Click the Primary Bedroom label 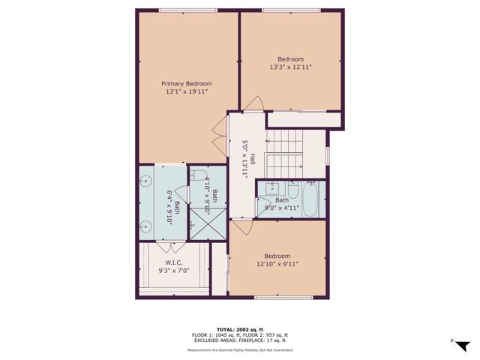click(187, 84)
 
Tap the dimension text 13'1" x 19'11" click(187, 91)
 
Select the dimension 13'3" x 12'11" click(290, 67)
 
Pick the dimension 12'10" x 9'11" click(277, 264)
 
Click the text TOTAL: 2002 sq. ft click(240, 328)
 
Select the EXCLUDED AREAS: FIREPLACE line click(240, 340)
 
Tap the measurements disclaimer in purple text click(240, 350)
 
